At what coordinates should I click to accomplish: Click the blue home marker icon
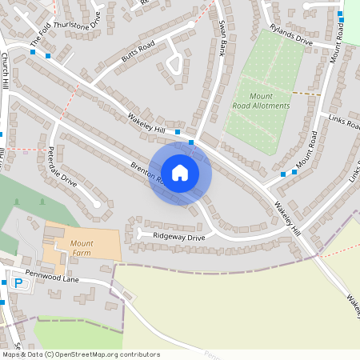[x=180, y=172]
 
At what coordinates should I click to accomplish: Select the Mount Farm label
[x=82, y=248]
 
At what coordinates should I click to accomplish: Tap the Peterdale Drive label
[x=62, y=166]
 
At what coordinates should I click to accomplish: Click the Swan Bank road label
[x=215, y=40]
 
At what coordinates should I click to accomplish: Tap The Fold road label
[x=40, y=34]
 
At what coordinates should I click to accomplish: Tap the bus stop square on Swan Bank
[x=191, y=142]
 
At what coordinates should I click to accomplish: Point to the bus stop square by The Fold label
[x=33, y=52]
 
